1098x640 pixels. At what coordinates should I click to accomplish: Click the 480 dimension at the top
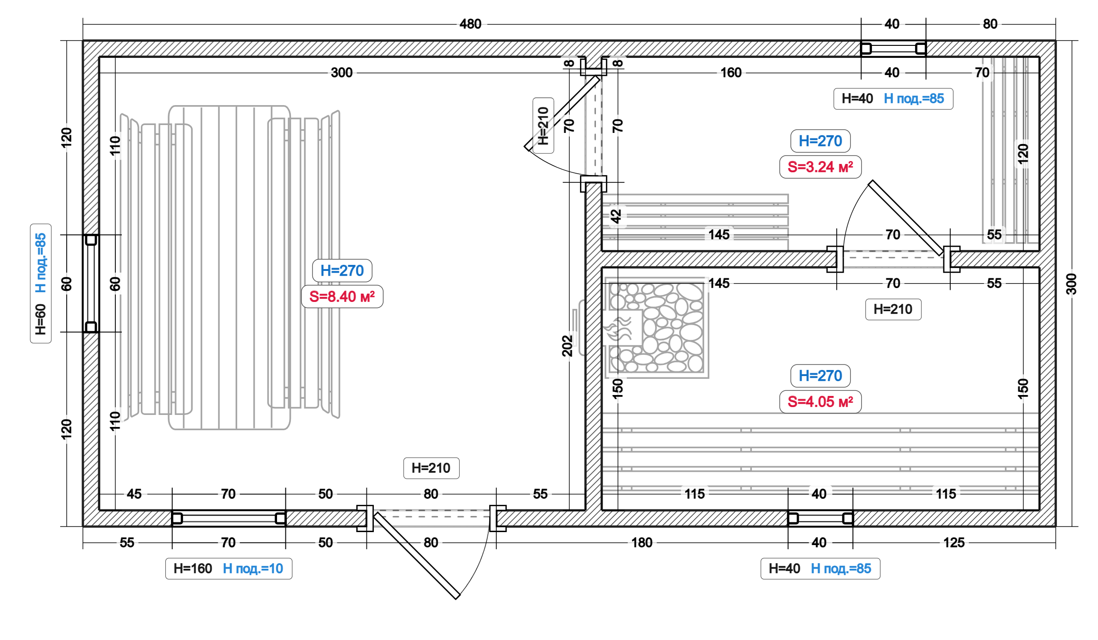point(470,24)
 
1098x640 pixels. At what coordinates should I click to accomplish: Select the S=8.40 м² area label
point(342,296)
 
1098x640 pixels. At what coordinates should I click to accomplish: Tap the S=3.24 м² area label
point(820,167)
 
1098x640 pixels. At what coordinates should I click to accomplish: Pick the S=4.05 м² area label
point(820,402)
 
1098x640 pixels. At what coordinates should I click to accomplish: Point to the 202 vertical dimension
point(568,345)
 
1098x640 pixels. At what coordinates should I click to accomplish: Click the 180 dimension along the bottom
point(642,542)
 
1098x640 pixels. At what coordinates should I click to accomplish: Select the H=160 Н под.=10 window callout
point(228,568)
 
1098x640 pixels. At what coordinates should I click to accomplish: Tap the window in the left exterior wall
point(91,283)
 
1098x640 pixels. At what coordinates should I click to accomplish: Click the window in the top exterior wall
point(893,49)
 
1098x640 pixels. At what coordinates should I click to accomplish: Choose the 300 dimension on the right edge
point(1071,283)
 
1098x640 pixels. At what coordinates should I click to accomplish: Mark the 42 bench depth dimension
point(616,216)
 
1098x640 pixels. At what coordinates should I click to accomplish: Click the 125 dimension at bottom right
point(954,542)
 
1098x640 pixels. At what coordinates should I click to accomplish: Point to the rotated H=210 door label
point(543,125)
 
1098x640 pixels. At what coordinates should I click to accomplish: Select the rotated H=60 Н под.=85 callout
point(41,283)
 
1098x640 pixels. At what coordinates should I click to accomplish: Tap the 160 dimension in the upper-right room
point(731,73)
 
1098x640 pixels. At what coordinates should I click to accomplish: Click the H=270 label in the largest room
point(342,270)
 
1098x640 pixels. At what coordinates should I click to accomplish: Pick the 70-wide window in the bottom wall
point(228,518)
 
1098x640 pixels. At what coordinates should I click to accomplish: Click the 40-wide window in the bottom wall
point(820,518)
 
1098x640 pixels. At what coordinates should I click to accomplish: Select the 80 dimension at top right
point(990,24)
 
